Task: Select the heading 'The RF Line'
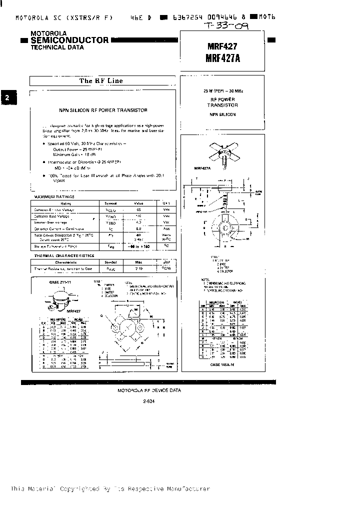101,80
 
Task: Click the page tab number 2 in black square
7,98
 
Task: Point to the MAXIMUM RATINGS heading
53,197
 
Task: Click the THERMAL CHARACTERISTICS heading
63,255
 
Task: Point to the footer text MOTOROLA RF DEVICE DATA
149,390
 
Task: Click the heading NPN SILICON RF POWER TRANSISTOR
102,110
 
